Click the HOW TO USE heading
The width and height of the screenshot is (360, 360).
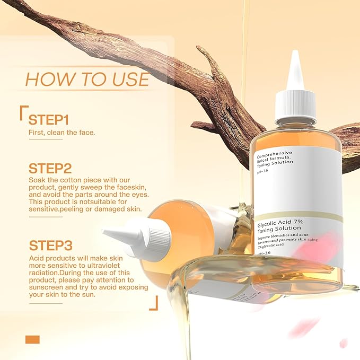coord(87,79)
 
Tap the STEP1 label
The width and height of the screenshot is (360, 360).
coord(49,119)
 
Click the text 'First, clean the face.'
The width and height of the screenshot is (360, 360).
coord(62,132)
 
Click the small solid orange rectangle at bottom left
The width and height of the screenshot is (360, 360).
coord(32,339)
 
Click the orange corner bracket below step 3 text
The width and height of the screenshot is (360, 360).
coord(154,304)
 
